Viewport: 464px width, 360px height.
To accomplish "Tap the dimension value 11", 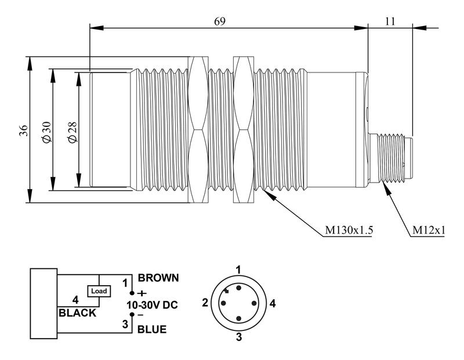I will (390, 21).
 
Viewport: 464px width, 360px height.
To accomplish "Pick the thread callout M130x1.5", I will (348, 231).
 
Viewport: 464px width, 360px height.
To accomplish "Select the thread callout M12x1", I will (429, 231).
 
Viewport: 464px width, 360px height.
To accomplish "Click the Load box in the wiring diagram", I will (97, 290).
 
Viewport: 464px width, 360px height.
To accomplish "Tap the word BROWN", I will (158, 278).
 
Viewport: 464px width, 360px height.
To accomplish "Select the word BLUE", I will (152, 329).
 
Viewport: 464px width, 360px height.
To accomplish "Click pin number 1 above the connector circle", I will (238, 269).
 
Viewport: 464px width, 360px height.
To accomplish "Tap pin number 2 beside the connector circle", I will (205, 303).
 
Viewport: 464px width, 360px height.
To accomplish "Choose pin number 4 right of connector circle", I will (272, 303).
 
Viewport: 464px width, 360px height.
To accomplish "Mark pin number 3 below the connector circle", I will (238, 336).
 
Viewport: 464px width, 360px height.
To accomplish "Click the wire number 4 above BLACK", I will (75, 300).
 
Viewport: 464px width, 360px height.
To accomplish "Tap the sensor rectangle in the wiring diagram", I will (44, 303).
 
